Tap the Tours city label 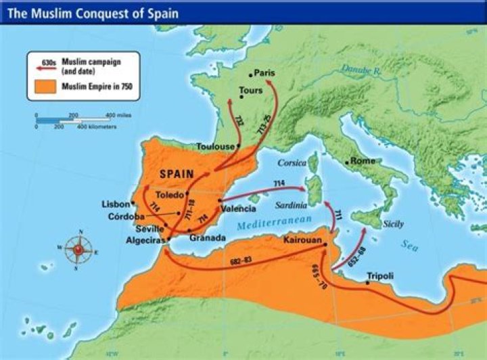250,90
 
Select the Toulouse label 214,146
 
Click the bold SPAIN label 177,174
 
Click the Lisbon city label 114,204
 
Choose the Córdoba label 126,217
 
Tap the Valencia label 238,208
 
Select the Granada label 207,238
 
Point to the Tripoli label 379,275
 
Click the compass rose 79,249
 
